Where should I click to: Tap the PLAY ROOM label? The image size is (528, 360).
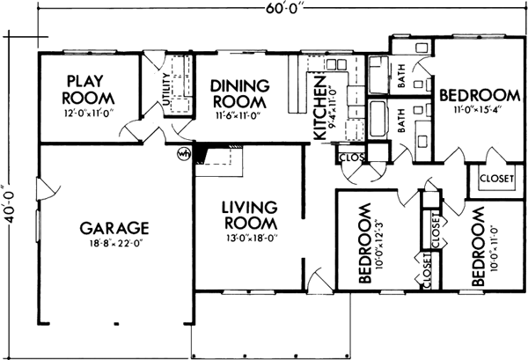coord(87,88)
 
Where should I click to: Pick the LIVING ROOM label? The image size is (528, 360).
coord(249,216)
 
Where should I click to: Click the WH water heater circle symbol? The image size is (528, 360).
coord(185,155)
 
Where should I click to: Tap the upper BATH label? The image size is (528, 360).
coord(402,82)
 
